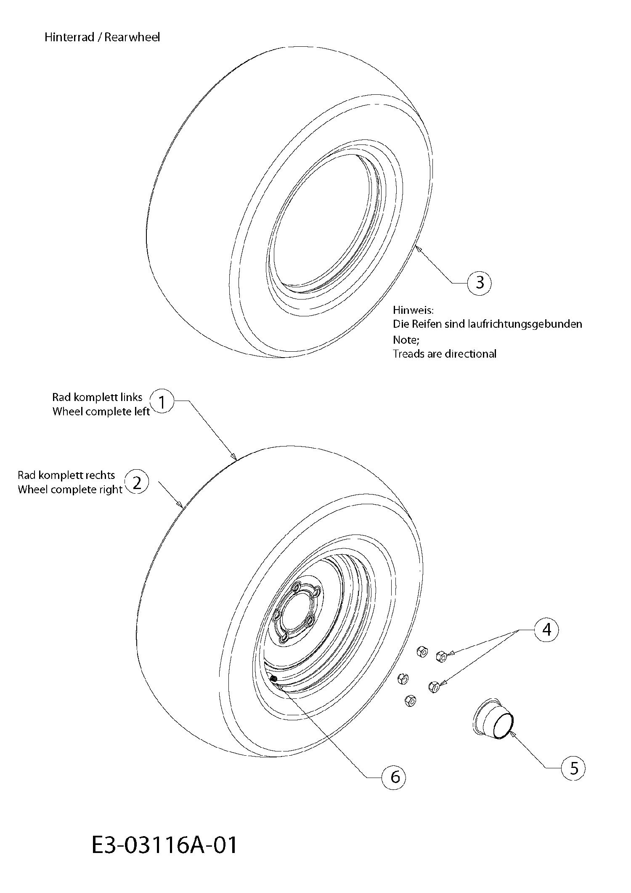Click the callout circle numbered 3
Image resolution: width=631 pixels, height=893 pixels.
pos(479,283)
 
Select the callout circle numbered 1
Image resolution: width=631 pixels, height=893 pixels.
pos(162,402)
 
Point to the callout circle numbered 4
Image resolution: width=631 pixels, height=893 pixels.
pos(546,630)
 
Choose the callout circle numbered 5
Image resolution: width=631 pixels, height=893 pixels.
pos(573,769)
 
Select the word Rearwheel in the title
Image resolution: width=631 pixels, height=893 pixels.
pos(133,37)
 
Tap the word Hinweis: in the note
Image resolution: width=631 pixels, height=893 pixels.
pos(413,310)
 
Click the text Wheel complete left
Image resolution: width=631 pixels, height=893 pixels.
pos(101,412)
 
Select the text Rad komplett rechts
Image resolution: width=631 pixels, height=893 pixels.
pos(66,475)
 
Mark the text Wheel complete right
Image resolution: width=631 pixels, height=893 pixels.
pos(70,490)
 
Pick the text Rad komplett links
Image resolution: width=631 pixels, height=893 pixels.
pos(97,397)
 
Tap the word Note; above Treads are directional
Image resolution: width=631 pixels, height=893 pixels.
pos(406,340)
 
